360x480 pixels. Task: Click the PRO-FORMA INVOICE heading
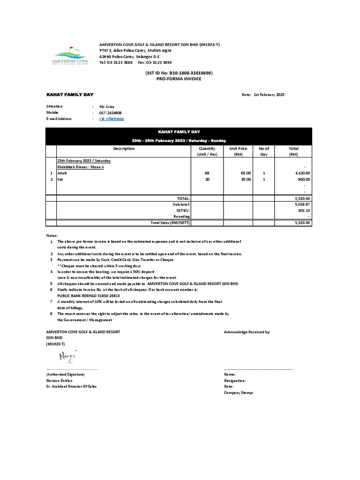click(179, 79)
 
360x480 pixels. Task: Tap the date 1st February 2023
click(269, 95)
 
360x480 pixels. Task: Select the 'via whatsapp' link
click(112, 119)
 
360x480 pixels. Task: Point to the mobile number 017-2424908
click(112, 113)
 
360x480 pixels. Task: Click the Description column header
click(124, 149)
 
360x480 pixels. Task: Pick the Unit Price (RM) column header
click(238, 151)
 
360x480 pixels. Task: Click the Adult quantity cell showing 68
click(207, 173)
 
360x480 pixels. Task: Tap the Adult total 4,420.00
click(302, 173)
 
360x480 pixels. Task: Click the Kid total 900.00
click(304, 179)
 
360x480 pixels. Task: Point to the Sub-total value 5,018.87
click(302, 205)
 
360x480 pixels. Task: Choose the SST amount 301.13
click(305, 210)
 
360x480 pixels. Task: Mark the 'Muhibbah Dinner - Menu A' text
click(80, 167)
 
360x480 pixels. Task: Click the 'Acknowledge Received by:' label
click(247, 332)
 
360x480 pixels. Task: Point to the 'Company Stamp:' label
click(239, 392)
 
